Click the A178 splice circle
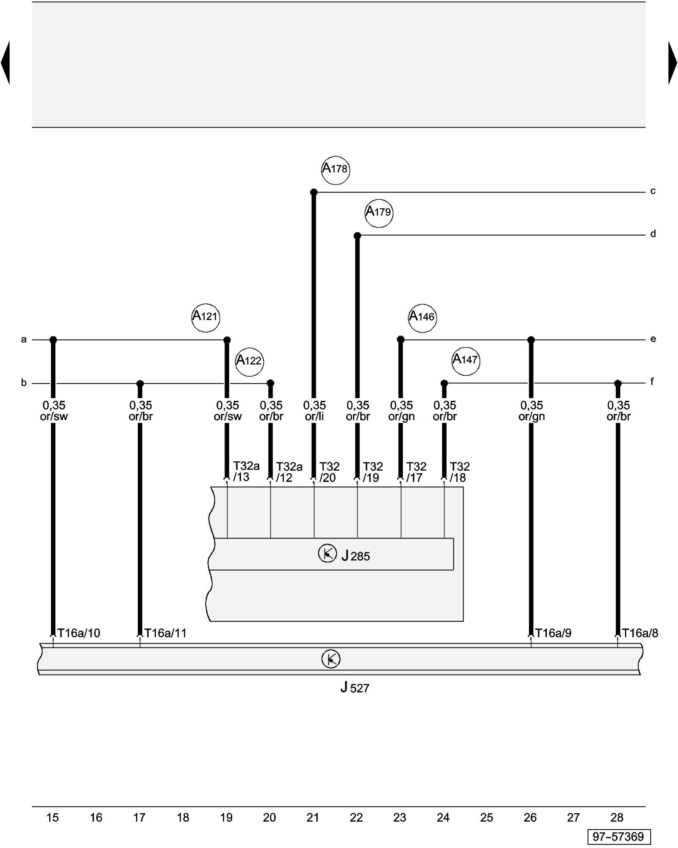click(x=335, y=170)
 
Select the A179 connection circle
click(x=379, y=213)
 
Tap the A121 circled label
click(x=206, y=318)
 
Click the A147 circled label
click(x=466, y=361)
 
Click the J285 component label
click(x=356, y=556)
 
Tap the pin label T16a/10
click(x=79, y=633)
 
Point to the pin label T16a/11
click(x=165, y=633)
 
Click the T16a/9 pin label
click(x=553, y=633)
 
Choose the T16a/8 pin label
click(x=640, y=633)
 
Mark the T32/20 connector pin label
click(x=329, y=472)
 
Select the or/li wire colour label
click(x=314, y=416)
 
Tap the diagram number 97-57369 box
click(x=618, y=837)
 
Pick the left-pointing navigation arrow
click(x=6, y=63)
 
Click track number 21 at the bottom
click(x=313, y=817)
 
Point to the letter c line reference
click(x=653, y=191)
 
